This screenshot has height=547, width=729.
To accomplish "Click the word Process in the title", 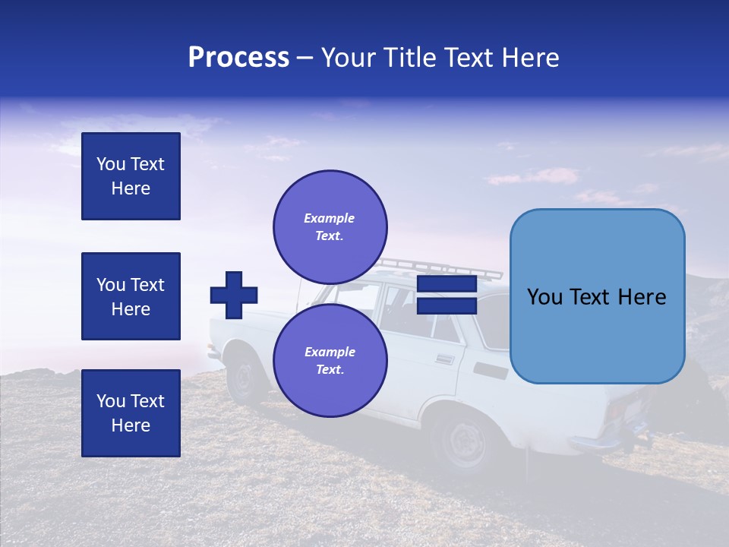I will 238,58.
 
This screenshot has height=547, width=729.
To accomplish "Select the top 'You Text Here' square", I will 131,176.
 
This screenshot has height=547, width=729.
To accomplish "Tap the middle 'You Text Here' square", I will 131,296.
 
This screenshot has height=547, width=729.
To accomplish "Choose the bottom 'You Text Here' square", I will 131,413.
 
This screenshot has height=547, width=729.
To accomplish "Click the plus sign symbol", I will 234,295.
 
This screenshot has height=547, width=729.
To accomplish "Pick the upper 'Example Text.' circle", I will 330,226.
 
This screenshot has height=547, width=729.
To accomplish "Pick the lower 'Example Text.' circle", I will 330,360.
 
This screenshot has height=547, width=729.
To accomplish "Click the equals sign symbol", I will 447,296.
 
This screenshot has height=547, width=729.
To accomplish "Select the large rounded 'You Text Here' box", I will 597,296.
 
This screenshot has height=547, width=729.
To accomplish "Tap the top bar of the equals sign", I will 447,285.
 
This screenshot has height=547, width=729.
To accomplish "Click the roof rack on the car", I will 440,267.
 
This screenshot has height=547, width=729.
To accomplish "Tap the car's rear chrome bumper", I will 600,443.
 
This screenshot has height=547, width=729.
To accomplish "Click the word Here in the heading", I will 531,58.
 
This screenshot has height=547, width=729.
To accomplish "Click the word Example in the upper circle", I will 329,218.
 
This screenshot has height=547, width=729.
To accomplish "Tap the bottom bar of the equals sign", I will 447,306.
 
